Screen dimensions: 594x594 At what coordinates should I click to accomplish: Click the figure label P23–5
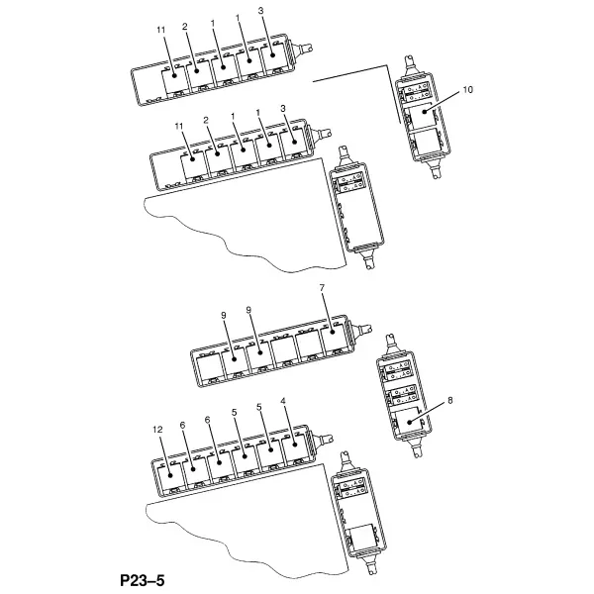143,580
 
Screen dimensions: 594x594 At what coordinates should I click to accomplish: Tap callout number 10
468,90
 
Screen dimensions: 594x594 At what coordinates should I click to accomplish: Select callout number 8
450,400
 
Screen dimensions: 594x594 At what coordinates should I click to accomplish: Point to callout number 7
322,288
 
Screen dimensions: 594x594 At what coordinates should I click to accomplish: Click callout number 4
284,401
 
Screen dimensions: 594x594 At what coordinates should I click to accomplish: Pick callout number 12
157,430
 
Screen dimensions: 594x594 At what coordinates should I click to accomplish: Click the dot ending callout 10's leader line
425,111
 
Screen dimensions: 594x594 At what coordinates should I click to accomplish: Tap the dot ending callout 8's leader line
409,422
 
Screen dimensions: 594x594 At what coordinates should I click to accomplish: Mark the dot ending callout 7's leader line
333,332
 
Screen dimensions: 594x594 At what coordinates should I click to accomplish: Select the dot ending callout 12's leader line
169,475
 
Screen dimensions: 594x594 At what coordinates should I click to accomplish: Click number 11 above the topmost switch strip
161,30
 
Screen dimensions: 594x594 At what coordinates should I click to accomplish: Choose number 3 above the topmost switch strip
260,11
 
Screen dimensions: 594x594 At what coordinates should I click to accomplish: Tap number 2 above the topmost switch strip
185,27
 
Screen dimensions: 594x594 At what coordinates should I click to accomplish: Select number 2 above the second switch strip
206,121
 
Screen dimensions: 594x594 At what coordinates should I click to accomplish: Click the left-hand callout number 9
224,316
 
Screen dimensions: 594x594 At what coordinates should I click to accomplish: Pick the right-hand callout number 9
248,310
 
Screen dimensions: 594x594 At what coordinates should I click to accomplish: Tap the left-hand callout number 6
182,426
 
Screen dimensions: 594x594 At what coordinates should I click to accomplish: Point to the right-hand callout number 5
259,407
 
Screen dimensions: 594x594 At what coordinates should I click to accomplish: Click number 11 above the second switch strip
179,126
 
